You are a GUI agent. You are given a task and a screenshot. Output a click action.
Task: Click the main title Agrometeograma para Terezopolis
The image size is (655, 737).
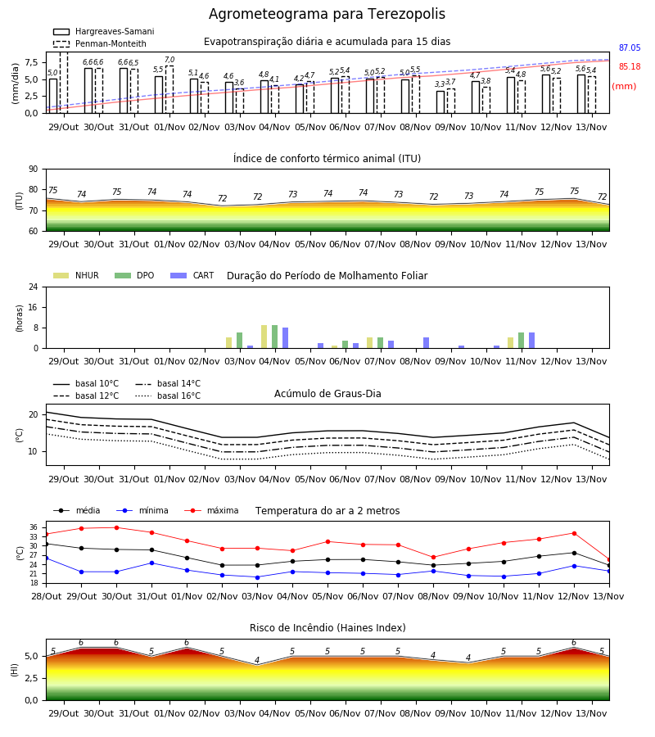pos(327,14)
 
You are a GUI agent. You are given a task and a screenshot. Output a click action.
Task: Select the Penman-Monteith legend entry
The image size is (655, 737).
pos(100,43)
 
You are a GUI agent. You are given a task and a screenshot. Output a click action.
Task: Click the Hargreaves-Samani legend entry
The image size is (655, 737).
pos(103,31)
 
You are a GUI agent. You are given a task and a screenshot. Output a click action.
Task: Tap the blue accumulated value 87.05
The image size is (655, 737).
pos(630,48)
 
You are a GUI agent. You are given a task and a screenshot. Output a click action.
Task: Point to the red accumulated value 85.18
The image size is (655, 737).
pos(630,67)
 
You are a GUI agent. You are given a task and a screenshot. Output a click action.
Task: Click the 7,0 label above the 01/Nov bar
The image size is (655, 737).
pos(169,60)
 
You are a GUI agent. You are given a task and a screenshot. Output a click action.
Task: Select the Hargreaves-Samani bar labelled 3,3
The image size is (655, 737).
pos(440,102)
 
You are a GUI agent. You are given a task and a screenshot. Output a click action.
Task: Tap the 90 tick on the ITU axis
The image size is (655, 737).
pos(34,170)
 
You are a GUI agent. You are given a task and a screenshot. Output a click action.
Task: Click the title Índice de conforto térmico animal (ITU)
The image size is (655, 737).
pos(327,158)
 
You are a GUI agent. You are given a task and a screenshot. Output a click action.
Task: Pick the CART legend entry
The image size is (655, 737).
pos(192,275)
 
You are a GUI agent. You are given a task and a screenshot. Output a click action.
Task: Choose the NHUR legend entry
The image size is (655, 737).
pos(76,275)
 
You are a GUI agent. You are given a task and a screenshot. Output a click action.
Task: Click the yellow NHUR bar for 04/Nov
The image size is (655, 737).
pos(264,337)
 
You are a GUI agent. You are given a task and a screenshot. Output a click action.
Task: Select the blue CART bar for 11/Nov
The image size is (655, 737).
pos(532,341)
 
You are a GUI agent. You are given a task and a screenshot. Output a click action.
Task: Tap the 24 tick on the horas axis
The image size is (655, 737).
pos(34,287)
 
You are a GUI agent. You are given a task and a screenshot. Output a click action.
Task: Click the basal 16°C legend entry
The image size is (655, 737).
pos(168,396)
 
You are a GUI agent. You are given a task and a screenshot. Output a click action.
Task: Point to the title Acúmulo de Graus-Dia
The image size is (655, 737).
pos(327,393)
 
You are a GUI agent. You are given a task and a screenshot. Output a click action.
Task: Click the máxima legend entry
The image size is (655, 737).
pos(211,510)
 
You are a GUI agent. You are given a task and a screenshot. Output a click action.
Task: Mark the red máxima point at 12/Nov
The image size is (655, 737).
pos(574,533)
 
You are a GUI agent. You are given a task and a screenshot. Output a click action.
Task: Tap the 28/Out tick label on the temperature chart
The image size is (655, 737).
pos(46,596)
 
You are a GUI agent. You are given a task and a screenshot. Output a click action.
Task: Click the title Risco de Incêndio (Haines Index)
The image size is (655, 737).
pos(327,628)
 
